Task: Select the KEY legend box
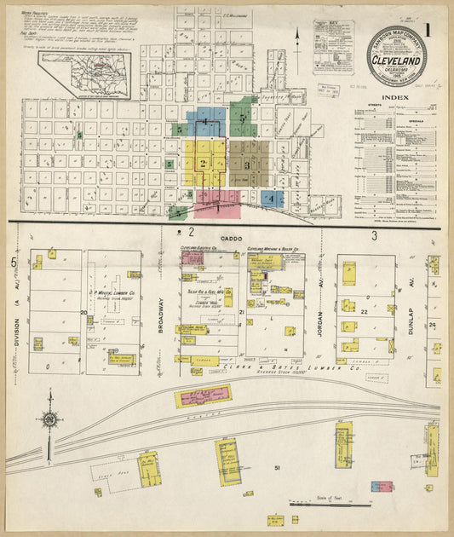332,46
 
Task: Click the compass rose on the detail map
51,419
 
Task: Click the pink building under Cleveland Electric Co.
192,257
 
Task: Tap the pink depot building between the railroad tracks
204,396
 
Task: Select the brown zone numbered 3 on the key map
248,163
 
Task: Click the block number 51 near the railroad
277,468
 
